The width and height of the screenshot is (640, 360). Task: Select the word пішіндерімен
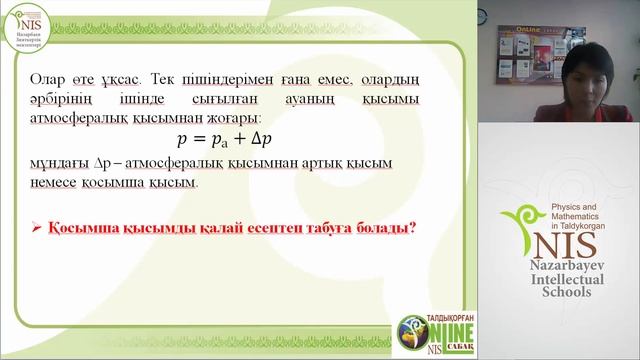point(224,77)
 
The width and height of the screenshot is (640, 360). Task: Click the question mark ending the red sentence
point(411,228)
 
